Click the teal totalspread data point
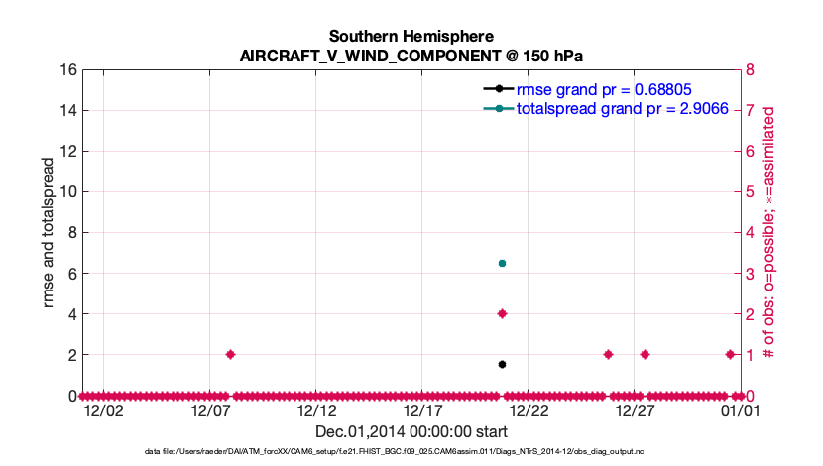[x=502, y=263]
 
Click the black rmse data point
[x=502, y=364]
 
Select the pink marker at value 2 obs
[x=502, y=313]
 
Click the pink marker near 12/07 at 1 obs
[x=230, y=354]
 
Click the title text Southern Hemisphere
[x=411, y=37]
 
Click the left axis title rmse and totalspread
[x=49, y=233]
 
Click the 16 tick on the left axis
[x=68, y=70]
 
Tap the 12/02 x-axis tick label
[x=104, y=409]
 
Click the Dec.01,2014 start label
[x=411, y=431]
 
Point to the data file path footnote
[x=411, y=452]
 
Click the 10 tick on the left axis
[x=68, y=192]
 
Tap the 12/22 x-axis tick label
[x=529, y=409]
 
